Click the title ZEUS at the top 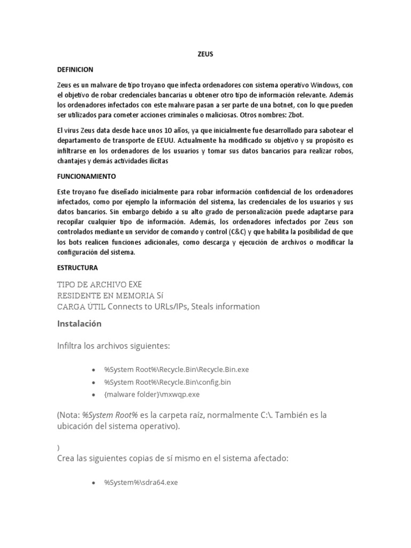(x=205, y=54)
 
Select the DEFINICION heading (x=75, y=70)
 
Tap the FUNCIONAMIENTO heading (x=86, y=176)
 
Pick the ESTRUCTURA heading (x=78, y=268)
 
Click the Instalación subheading (x=79, y=324)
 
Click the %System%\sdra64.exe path (x=141, y=482)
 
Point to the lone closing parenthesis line (x=58, y=447)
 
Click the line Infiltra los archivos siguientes (x=113, y=346)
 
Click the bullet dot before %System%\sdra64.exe (x=94, y=483)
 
